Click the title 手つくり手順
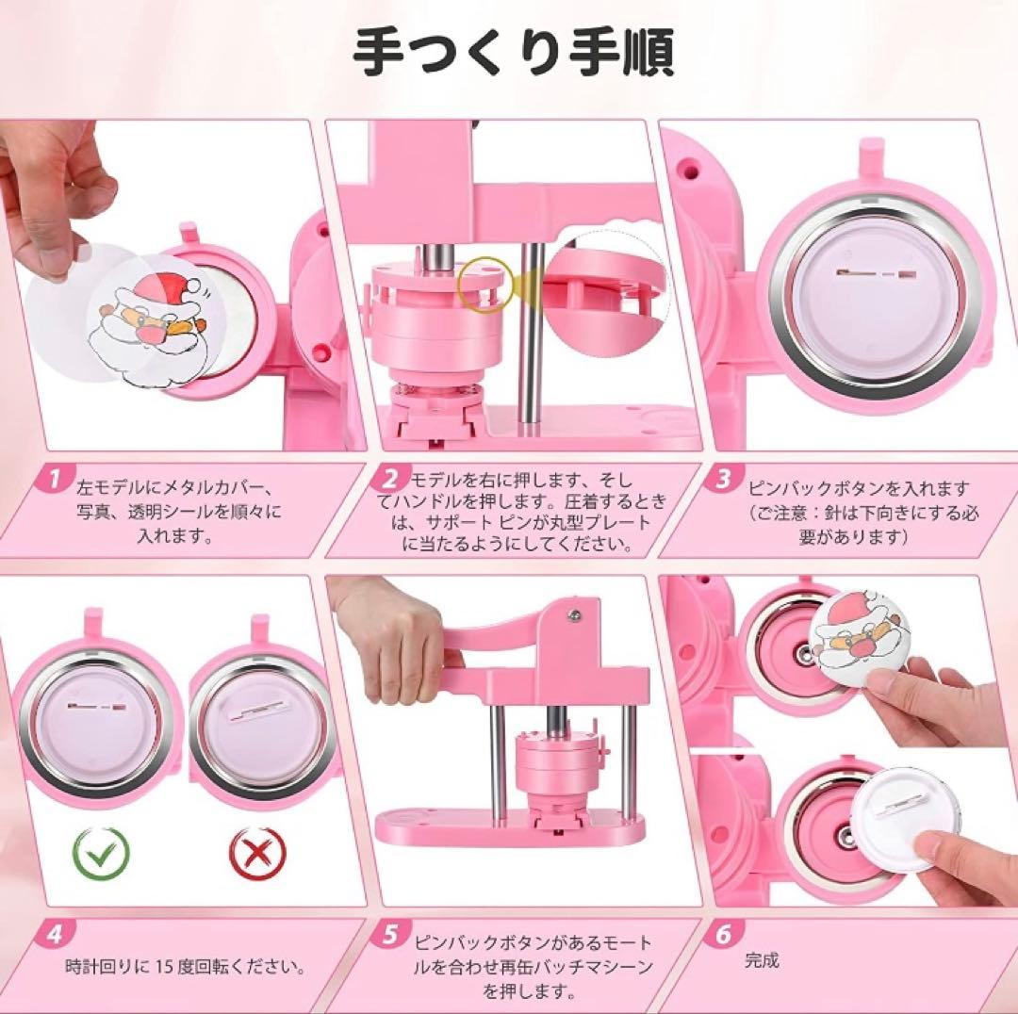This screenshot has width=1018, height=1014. click(514, 52)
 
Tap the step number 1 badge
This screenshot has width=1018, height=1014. click(56, 479)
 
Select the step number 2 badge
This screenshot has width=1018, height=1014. click(388, 479)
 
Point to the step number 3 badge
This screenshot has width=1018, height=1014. click(722, 479)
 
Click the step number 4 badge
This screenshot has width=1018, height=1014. click(56, 934)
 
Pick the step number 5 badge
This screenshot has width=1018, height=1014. click(388, 934)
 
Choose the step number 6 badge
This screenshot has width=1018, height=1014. click(722, 934)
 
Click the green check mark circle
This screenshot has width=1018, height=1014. click(101, 852)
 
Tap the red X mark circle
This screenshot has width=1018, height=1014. click(257, 852)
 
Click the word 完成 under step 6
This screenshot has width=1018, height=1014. click(763, 959)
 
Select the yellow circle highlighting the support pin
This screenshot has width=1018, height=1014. click(484, 285)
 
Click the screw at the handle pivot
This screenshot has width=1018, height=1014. click(574, 614)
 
